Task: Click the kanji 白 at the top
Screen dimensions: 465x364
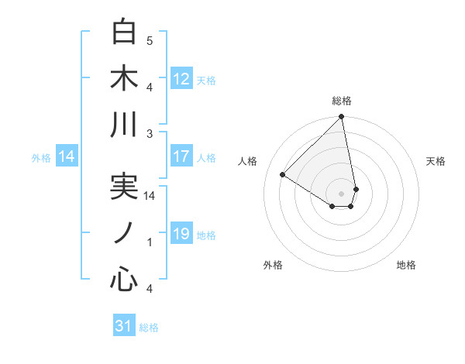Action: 124,32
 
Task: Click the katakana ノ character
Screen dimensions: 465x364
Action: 124,233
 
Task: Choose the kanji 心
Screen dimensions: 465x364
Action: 124,279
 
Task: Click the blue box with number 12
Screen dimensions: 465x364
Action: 181,79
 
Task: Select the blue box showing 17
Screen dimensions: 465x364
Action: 181,156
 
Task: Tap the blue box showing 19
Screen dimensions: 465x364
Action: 181,234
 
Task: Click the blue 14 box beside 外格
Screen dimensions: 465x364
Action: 67,156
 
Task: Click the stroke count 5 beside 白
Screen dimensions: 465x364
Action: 150,40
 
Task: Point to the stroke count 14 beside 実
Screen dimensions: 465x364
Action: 150,197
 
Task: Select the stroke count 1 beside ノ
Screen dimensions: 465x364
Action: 150,242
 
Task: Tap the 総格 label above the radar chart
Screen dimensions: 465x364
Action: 342,101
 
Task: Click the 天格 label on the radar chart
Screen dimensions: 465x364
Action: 436,161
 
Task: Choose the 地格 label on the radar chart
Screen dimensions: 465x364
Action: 406,266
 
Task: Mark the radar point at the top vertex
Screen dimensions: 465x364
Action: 342,118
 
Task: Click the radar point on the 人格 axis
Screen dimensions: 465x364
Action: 283,174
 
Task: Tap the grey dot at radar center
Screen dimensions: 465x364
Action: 342,193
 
